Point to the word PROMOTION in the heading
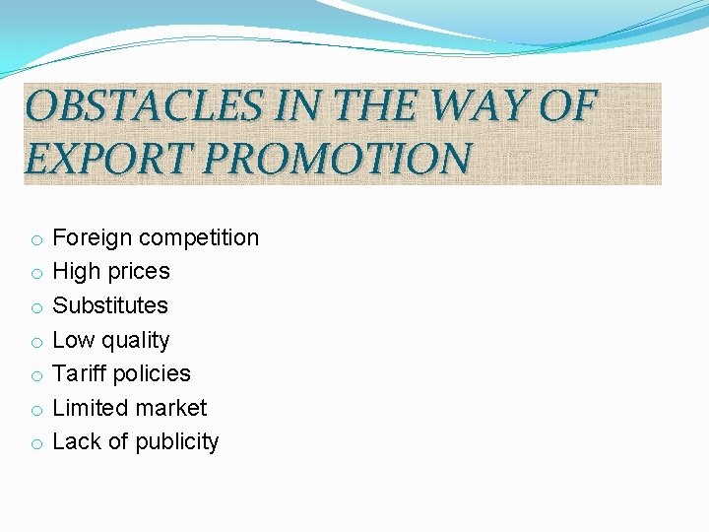coord(338,158)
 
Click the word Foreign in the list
coord(93,237)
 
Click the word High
coord(76,272)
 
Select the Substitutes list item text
coord(110,305)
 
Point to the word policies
coord(152,373)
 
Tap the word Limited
coord(89,408)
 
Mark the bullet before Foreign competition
coord(34,239)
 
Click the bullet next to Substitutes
coord(34,307)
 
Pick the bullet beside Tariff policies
coord(34,375)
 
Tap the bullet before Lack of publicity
coord(34,443)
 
